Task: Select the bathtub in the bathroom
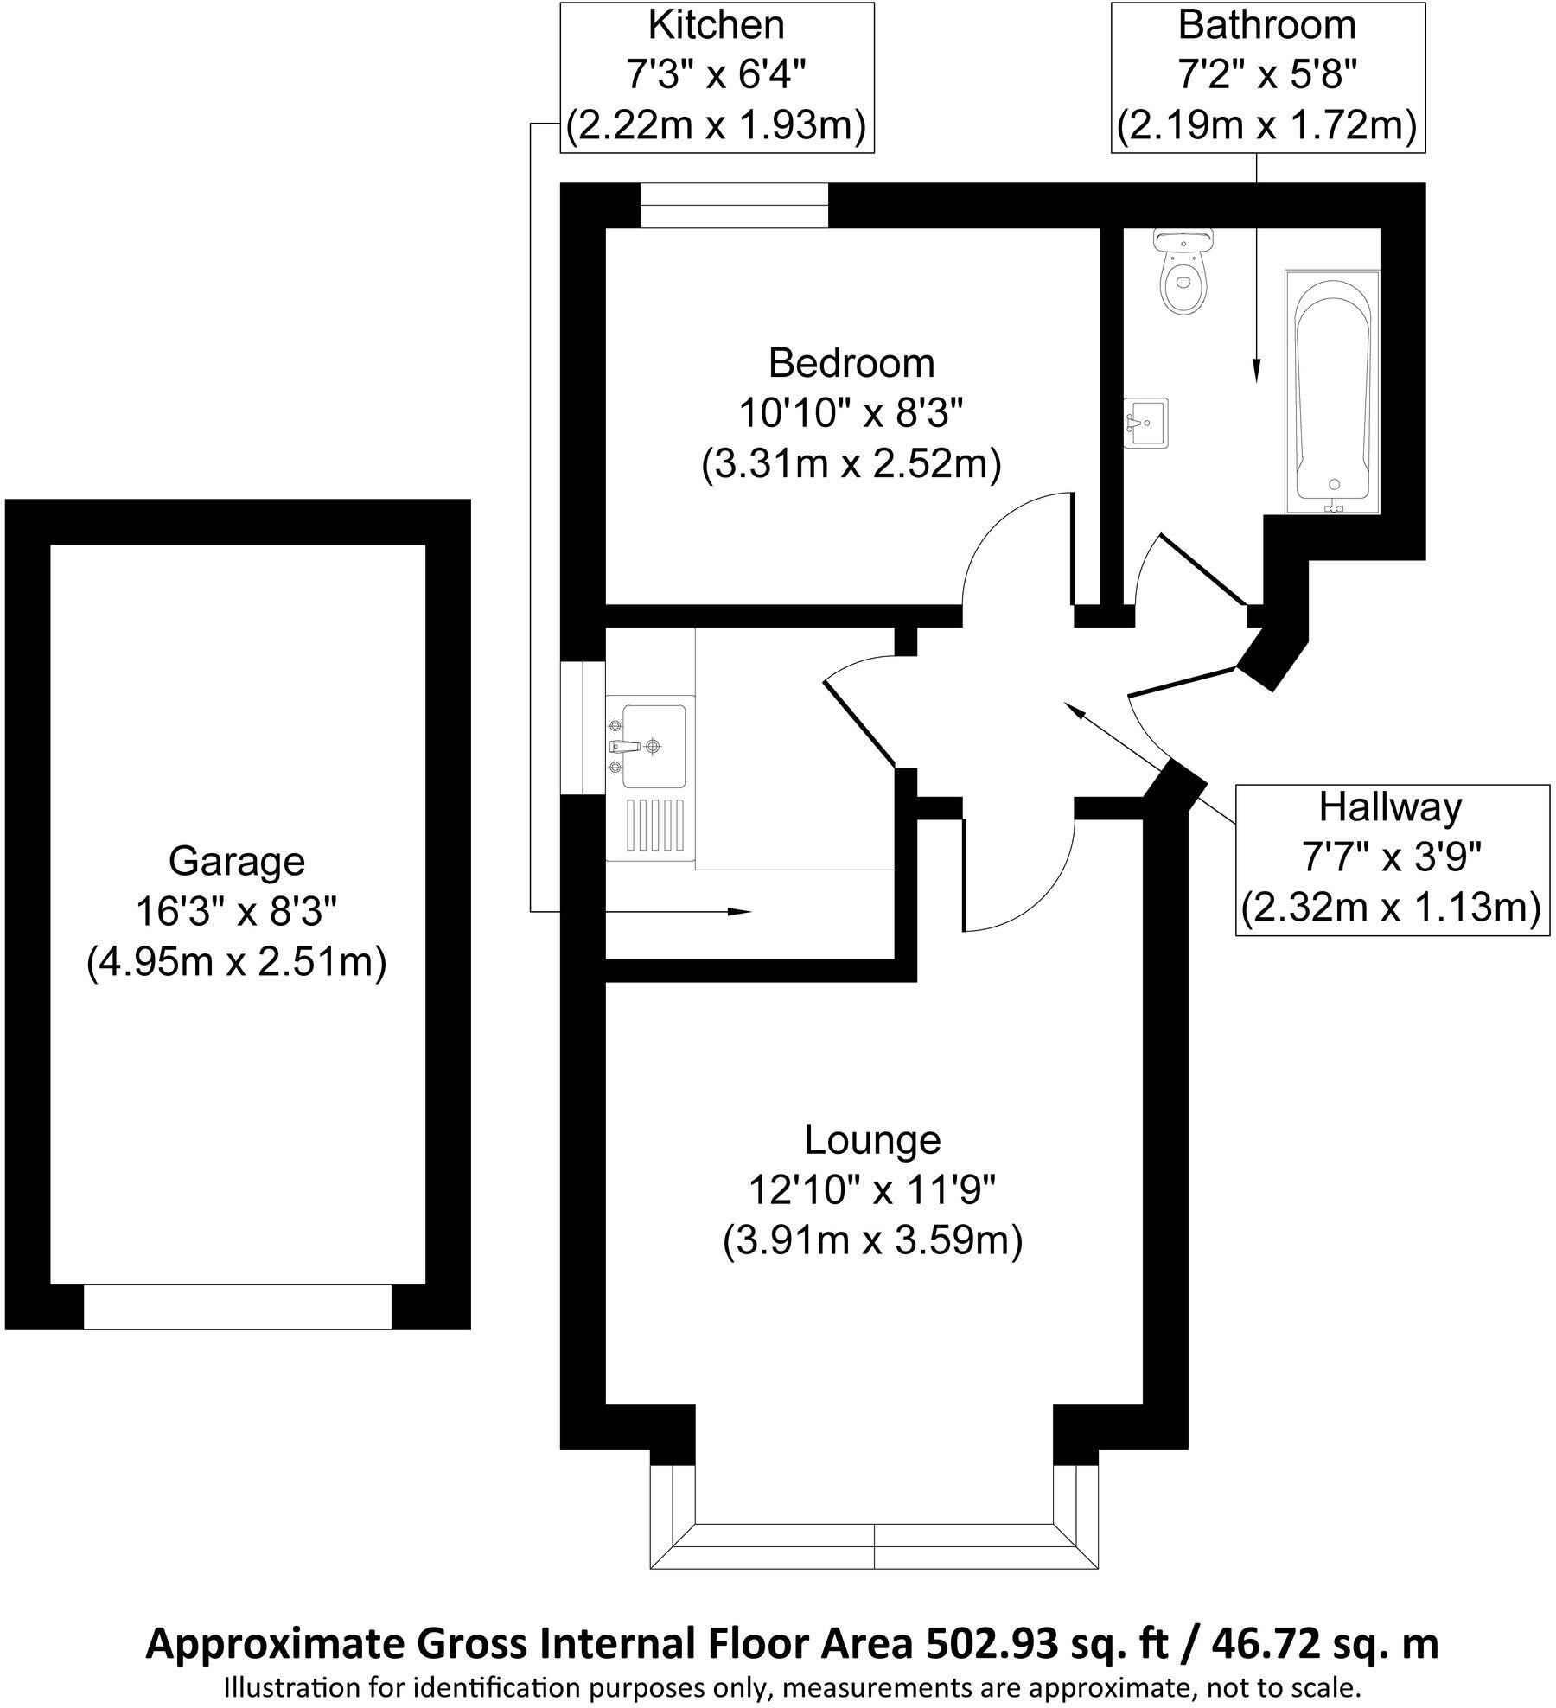point(1332,393)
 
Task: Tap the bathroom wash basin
point(1145,423)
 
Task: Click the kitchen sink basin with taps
point(653,745)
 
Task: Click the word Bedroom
point(851,363)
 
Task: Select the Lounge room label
point(871,1139)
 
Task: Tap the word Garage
point(236,861)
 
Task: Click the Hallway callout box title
point(1390,807)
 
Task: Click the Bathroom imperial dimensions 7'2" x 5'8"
point(1266,76)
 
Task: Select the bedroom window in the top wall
point(734,206)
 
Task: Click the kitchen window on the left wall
point(583,728)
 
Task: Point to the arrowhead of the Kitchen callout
point(743,912)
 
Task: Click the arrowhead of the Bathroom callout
point(1255,372)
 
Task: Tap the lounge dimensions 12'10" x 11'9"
point(871,1191)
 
